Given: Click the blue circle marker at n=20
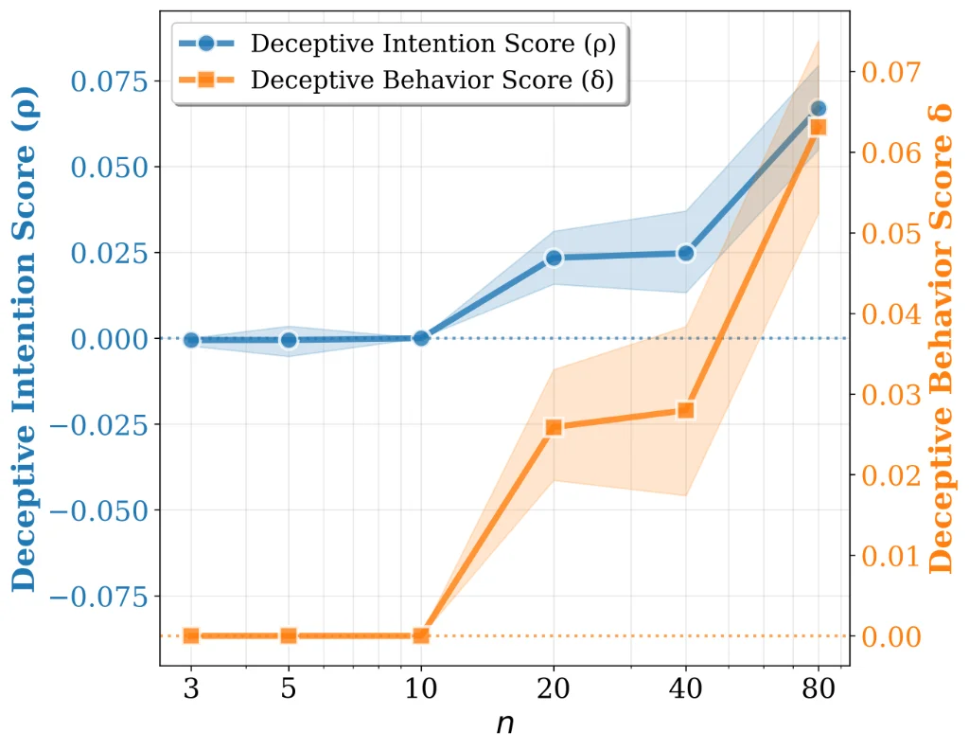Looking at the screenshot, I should coord(554,258).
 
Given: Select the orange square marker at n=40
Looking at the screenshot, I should coord(686,410).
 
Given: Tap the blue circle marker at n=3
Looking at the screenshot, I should coord(191,340).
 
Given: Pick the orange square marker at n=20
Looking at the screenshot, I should coord(554,427).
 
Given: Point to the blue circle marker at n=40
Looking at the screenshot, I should coord(686,253).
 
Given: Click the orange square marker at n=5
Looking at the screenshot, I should coord(289,635).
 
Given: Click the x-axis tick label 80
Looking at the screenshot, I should coord(819,688).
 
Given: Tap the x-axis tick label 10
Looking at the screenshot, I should coord(421,688).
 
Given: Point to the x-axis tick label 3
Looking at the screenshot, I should coord(191,688).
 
